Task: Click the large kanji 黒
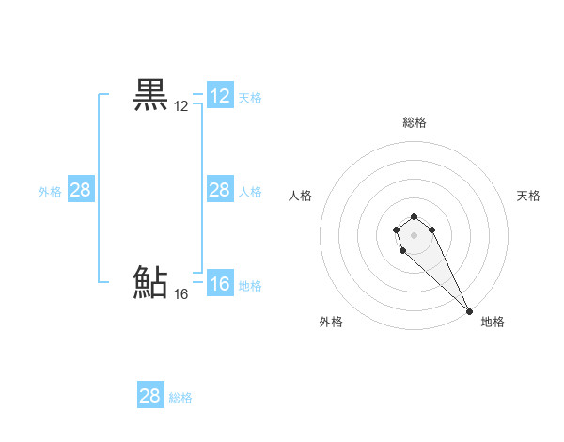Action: coord(151,95)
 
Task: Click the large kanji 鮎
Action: coord(151,282)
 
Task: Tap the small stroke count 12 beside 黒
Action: coord(181,107)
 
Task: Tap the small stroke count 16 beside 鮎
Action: coord(181,294)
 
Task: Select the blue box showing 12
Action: coord(220,96)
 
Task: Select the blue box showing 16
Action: coord(220,284)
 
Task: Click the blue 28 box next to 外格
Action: coord(81,190)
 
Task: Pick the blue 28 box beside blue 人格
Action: coord(220,190)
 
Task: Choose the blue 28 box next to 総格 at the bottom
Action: coord(150,396)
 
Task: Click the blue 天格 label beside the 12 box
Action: coord(250,98)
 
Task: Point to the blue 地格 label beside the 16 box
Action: coord(250,286)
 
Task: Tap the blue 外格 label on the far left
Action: coord(50,192)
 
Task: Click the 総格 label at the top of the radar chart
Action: coord(415,122)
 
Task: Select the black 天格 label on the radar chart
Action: coord(529,196)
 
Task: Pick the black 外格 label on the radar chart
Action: coord(331,322)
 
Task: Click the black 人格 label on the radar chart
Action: coord(301,196)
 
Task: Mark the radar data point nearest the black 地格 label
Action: coord(469,311)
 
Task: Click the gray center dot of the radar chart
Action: coord(415,234)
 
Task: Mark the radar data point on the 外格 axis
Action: coord(402,250)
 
